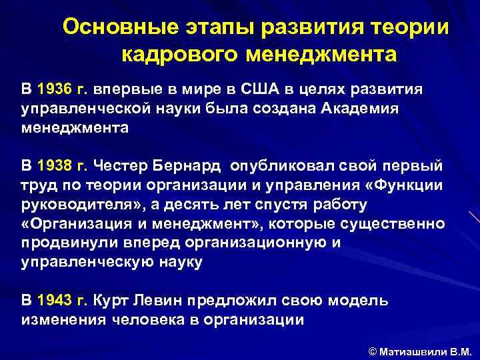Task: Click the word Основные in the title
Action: tap(113, 28)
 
